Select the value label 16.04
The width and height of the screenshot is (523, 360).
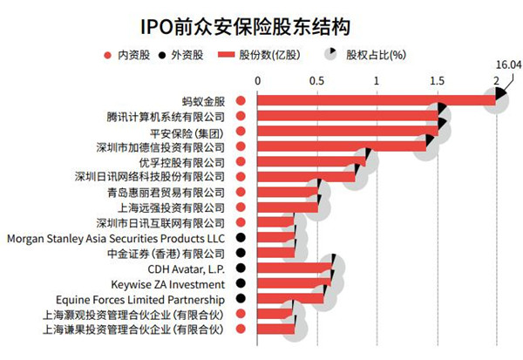[509, 64]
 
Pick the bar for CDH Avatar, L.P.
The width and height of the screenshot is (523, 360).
[295, 268]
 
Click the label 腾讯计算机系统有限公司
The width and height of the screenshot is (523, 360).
[165, 116]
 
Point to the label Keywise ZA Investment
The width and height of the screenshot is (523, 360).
[168, 284]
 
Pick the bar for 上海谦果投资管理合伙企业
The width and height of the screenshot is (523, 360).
[275, 329]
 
